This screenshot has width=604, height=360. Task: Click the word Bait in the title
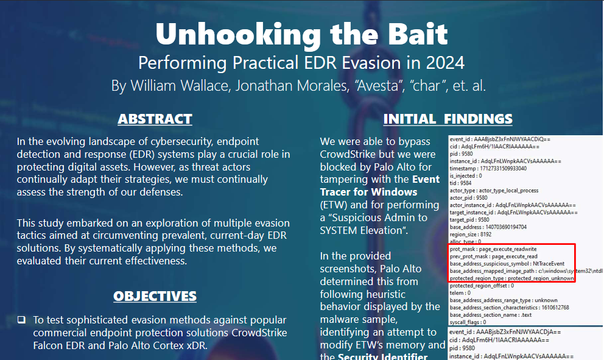point(418,34)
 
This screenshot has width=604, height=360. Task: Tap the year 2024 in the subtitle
point(445,63)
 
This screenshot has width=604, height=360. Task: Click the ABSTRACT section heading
point(155,119)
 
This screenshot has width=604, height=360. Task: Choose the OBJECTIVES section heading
point(155,296)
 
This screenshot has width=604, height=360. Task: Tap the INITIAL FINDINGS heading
point(448,119)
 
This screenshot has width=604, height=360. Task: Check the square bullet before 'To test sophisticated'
point(21,320)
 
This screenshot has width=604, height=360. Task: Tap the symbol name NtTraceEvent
point(549,264)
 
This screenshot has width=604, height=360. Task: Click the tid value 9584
point(466,183)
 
